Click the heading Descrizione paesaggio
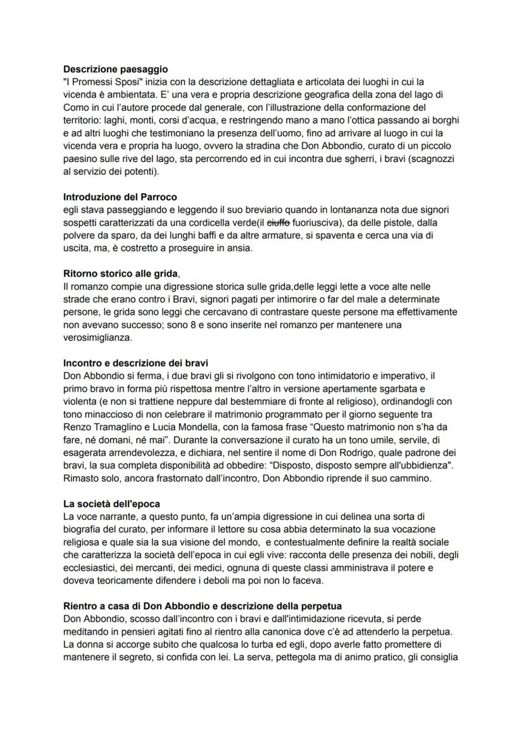point(116,69)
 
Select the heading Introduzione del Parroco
point(120,197)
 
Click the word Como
point(76,107)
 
